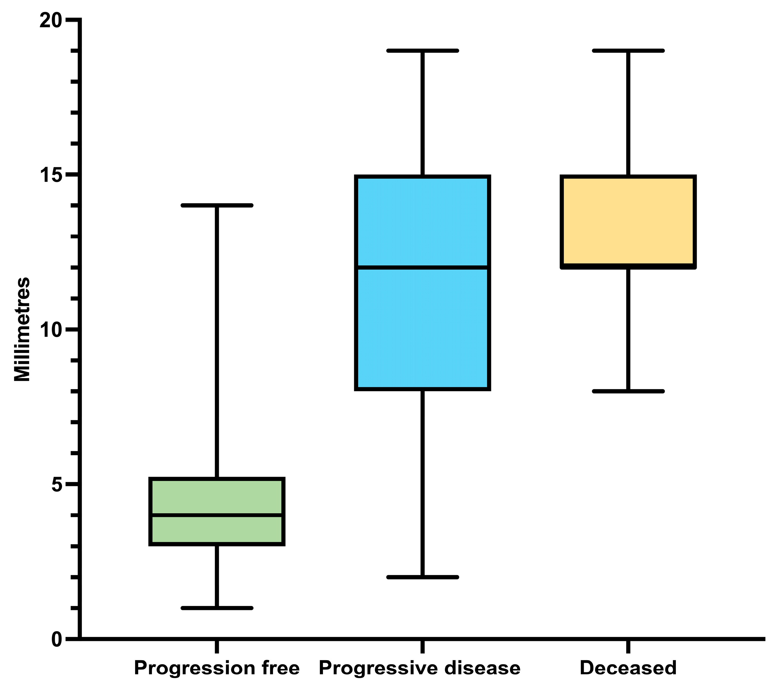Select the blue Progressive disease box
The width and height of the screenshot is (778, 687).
pos(422,327)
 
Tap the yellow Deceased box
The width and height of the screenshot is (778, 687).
pos(628,221)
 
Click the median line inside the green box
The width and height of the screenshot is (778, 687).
pos(217,515)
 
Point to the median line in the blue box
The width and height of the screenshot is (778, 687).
pos(422,267)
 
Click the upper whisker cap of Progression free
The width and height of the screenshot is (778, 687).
pos(217,205)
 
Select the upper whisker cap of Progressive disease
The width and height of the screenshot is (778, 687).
pos(422,51)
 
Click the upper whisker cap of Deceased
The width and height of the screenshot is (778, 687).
pos(628,51)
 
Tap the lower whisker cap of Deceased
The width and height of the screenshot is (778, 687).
pos(628,391)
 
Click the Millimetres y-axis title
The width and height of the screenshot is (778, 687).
pos(22,329)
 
